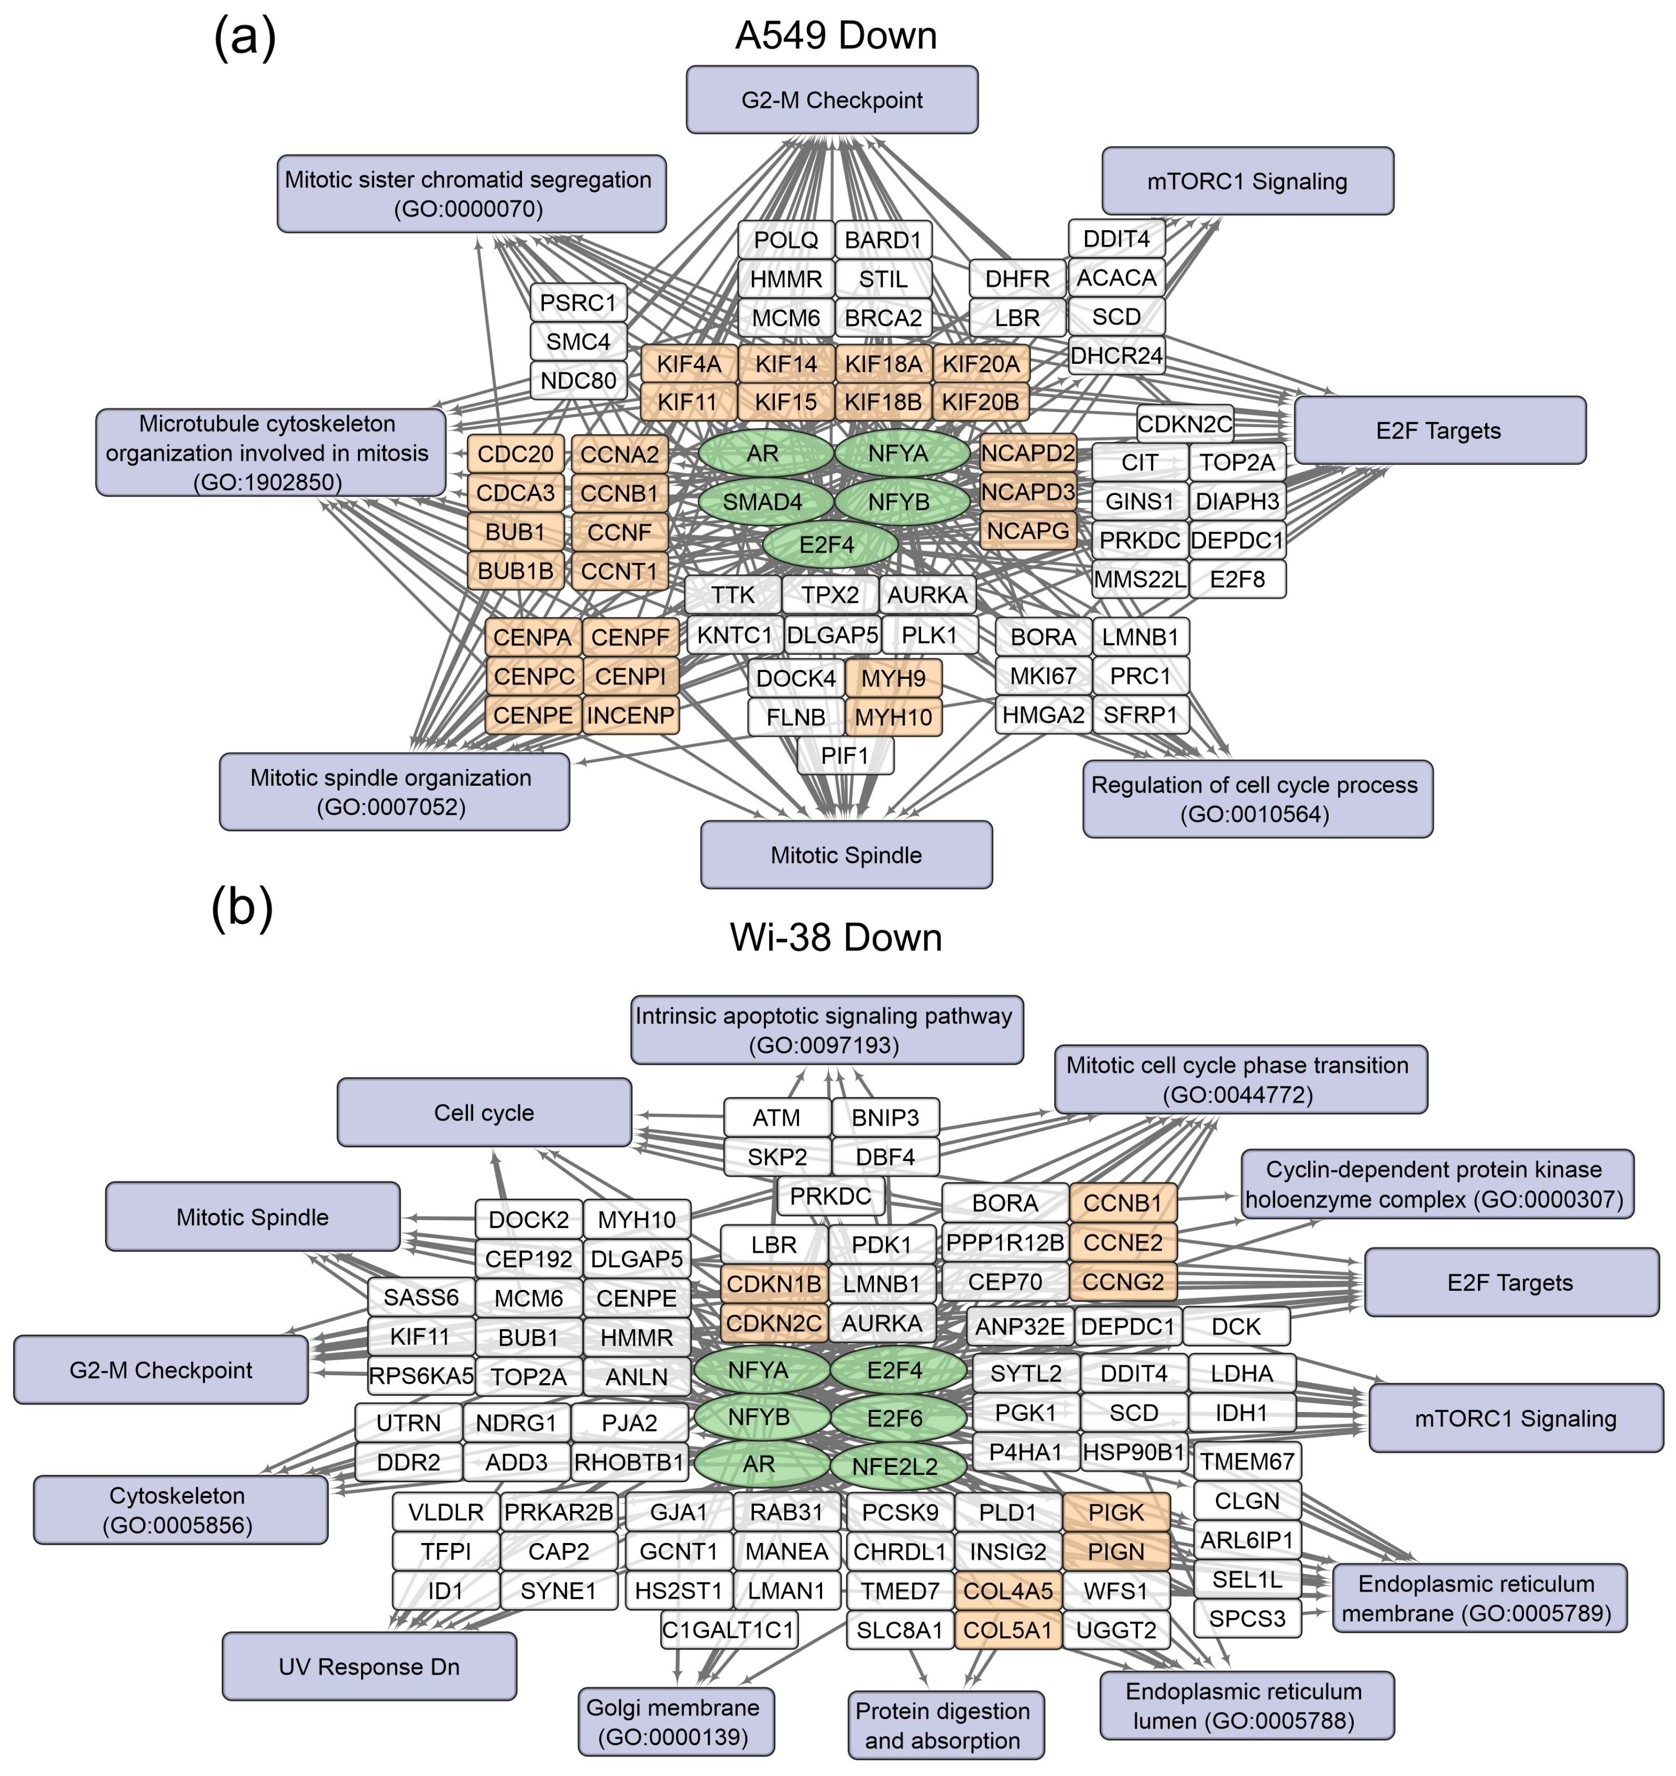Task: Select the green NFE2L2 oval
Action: pos(896,1466)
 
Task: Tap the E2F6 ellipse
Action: pos(896,1418)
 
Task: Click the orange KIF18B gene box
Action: pos(883,402)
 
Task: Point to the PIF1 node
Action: pos(844,756)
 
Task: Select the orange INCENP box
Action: pos(631,716)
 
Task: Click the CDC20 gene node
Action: pos(516,454)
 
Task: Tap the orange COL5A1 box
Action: pos(1008,1630)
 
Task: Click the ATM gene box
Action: pos(776,1118)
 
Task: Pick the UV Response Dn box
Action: pos(369,1667)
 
